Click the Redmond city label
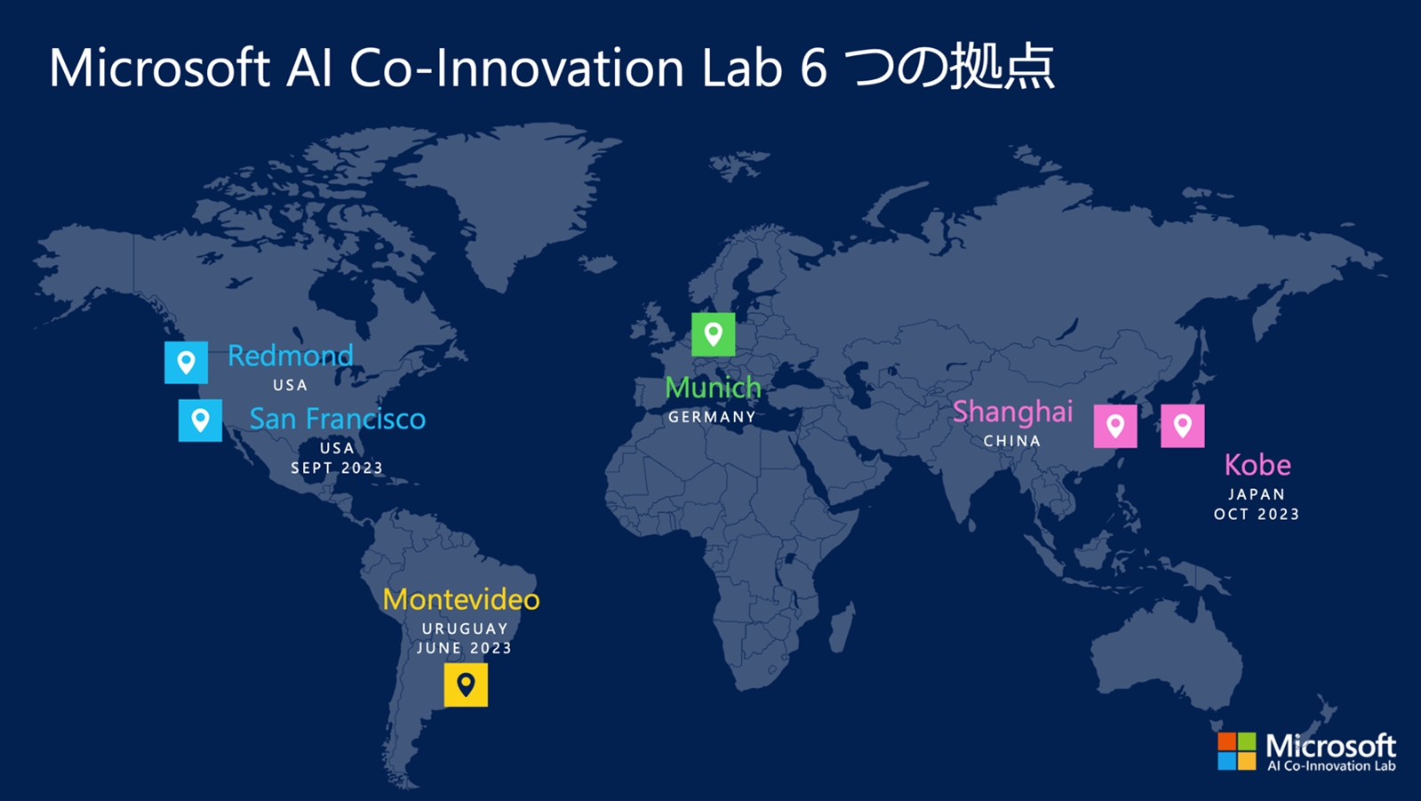[x=290, y=356]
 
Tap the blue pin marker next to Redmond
[x=186, y=363]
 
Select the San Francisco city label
[x=338, y=419]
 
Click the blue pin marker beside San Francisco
[x=201, y=421]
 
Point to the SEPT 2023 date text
[x=337, y=468]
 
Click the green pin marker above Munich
[x=714, y=334]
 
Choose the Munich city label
[x=713, y=388]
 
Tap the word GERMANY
[x=712, y=417]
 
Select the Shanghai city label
[x=1012, y=413]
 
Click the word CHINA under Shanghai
[x=1012, y=440]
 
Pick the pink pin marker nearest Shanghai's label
[x=1115, y=427]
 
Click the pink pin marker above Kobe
[x=1183, y=426]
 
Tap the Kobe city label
[x=1257, y=465]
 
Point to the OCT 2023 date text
[x=1257, y=514]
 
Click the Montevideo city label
[x=461, y=600]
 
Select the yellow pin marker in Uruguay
[x=466, y=685]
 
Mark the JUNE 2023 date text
[x=465, y=648]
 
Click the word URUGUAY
[x=465, y=629]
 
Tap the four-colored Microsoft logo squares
[x=1236, y=751]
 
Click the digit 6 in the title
[x=814, y=68]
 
